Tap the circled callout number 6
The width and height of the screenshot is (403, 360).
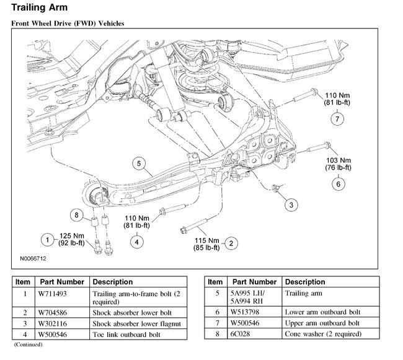(339, 183)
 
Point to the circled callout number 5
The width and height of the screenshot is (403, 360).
(139, 164)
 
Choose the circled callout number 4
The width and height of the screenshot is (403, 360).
(135, 242)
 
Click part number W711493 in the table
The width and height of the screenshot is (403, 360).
(56, 294)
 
